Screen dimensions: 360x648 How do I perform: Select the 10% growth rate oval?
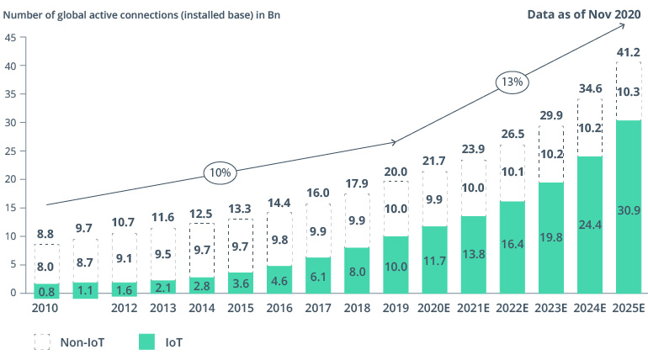(220, 172)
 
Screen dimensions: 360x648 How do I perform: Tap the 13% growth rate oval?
(512, 82)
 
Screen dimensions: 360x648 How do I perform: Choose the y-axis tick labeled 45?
(10, 37)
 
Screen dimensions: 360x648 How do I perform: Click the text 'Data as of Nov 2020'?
(583, 14)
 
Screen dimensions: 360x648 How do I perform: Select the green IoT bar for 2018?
(357, 270)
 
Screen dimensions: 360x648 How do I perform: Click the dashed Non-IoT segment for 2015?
(240, 246)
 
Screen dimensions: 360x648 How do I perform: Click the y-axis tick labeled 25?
(10, 151)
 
